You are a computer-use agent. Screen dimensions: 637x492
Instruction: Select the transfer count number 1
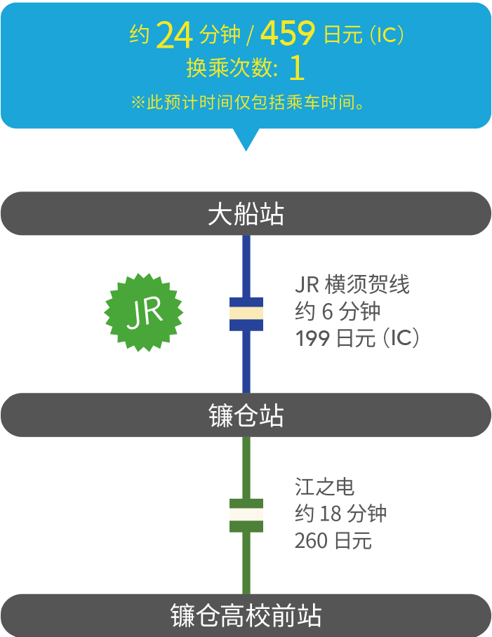(x=296, y=68)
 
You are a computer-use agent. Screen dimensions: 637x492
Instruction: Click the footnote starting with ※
(x=249, y=103)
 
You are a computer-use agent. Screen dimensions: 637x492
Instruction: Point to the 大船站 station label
(x=246, y=214)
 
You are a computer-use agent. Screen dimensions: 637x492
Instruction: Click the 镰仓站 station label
(x=246, y=415)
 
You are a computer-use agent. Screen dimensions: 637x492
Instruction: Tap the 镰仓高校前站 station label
(x=246, y=616)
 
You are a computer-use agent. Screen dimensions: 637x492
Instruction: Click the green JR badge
(x=144, y=311)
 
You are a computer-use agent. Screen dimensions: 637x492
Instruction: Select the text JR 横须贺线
(x=352, y=285)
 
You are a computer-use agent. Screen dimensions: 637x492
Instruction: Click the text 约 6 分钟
(x=338, y=311)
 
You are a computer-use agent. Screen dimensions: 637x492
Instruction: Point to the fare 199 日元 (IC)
(x=357, y=338)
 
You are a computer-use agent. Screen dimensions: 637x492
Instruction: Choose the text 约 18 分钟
(x=340, y=514)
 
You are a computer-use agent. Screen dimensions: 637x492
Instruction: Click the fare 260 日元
(x=333, y=540)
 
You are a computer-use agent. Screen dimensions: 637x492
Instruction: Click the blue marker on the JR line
(x=246, y=314)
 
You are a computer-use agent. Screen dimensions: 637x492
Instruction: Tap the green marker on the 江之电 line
(x=246, y=515)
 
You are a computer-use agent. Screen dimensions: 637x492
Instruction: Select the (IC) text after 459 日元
(x=386, y=36)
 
